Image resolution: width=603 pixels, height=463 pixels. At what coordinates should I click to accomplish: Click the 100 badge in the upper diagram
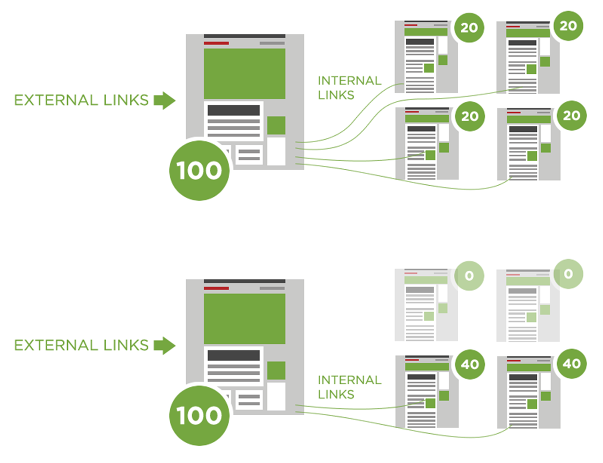click(199, 170)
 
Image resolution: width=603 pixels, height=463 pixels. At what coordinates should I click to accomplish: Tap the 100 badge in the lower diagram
click(199, 415)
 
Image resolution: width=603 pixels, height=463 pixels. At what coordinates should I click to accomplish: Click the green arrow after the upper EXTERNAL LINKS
click(164, 100)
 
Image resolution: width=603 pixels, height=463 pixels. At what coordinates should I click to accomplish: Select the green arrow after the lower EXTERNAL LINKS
click(164, 345)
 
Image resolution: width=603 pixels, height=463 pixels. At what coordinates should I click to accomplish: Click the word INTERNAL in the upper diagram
click(349, 81)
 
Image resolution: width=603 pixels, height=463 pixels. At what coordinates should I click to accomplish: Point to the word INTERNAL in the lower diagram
click(349, 380)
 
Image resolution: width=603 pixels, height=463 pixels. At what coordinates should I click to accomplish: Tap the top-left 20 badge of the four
click(469, 27)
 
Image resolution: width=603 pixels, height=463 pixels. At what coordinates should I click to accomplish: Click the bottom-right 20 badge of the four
click(572, 116)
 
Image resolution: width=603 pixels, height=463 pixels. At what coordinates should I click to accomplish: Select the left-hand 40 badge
click(470, 364)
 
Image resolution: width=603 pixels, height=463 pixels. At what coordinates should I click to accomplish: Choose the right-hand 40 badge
click(572, 364)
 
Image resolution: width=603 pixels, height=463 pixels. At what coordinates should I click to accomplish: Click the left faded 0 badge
click(469, 276)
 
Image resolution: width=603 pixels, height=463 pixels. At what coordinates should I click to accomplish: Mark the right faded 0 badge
click(568, 274)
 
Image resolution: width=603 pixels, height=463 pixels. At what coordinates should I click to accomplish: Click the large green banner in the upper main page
click(244, 73)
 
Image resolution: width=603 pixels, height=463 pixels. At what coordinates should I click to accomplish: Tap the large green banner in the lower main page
click(244, 318)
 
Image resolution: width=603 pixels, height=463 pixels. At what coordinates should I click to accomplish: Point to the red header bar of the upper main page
click(216, 43)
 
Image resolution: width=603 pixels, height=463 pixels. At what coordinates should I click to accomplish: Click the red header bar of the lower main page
click(216, 288)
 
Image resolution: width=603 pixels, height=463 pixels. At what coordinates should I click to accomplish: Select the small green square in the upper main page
click(276, 125)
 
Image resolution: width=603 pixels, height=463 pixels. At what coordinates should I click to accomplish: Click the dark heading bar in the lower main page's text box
click(233, 355)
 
